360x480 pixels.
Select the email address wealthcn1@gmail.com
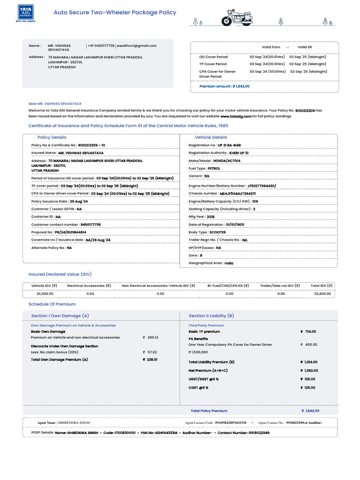click(x=137, y=46)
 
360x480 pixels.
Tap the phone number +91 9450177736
click(x=101, y=46)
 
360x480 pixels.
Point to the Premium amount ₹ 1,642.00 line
click(x=225, y=86)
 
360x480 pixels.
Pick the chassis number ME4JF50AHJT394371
click(x=238, y=194)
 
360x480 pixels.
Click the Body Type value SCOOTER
click(x=217, y=232)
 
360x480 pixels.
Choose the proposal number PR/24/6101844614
click(x=70, y=232)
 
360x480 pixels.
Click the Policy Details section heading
click(x=52, y=137)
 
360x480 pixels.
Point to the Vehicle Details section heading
click(x=211, y=137)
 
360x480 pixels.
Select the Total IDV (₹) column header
click(x=322, y=285)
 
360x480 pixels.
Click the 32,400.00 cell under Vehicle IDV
click(x=45, y=293)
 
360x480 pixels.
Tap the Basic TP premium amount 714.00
click(x=310, y=331)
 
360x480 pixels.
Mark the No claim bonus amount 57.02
click(x=152, y=352)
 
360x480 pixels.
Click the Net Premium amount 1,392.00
click(x=311, y=370)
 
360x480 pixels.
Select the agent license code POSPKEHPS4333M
click(x=231, y=423)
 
